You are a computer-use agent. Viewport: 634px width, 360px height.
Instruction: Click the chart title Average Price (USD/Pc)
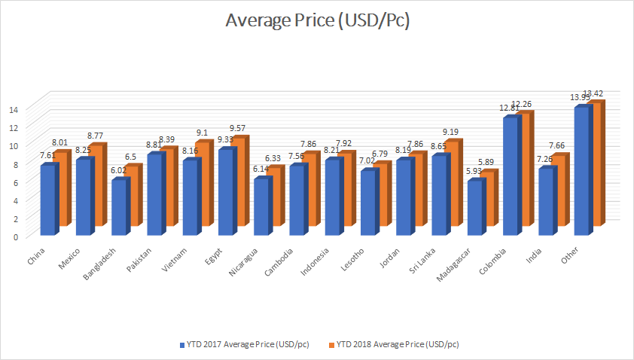pos(317,21)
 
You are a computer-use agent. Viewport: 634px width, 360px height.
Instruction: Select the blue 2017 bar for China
pos(47,200)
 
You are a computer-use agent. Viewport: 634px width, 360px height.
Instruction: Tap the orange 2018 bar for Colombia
pos(525,169)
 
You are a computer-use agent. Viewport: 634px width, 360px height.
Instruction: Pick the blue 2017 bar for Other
pos(581,170)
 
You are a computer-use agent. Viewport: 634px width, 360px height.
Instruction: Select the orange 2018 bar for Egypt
pos(239,181)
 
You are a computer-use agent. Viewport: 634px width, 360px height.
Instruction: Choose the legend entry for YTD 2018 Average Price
pos(392,344)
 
